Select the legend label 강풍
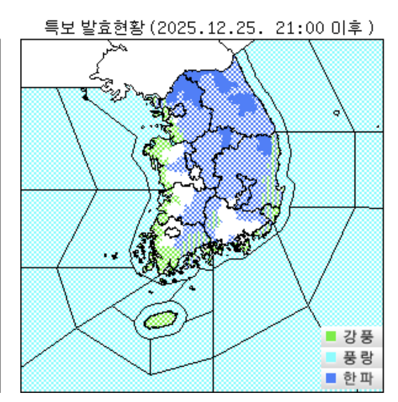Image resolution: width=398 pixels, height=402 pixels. pos(358,337)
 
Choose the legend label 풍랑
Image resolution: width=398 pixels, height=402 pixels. pos(358,358)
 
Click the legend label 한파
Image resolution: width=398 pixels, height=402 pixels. pos(358,378)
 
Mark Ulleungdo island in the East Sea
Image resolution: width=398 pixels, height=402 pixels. pos(336,113)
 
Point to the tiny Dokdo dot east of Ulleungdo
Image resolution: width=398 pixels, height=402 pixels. pos(378,127)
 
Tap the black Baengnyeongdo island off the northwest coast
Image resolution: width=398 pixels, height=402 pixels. pos(85,97)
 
